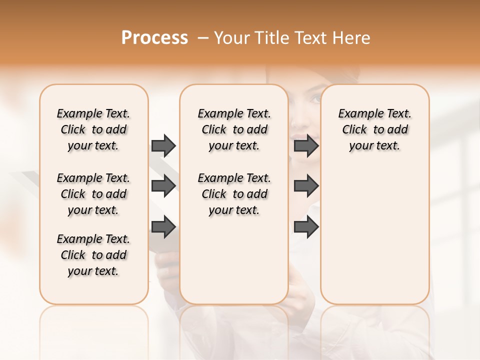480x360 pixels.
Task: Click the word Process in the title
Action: (x=154, y=38)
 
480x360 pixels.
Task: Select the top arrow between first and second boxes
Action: (x=163, y=145)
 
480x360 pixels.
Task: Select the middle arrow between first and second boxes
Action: (x=163, y=186)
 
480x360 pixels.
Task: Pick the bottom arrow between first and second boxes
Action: (x=163, y=227)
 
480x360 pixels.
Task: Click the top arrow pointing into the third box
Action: (x=306, y=145)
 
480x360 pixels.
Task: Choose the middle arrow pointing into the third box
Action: (x=306, y=186)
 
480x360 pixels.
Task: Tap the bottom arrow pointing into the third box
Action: (x=306, y=227)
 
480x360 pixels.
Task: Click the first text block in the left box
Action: (x=93, y=129)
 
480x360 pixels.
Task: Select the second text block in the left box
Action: (x=93, y=194)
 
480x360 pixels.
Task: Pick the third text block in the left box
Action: (x=93, y=255)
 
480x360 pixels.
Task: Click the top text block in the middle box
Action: (x=234, y=129)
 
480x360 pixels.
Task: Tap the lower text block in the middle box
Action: (x=234, y=194)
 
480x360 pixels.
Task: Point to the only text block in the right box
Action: (x=374, y=129)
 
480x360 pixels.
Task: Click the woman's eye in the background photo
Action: (x=315, y=98)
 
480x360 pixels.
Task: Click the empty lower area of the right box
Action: (x=374, y=240)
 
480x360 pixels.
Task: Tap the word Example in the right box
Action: (x=357, y=114)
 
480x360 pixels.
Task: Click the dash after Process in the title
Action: (x=203, y=38)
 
